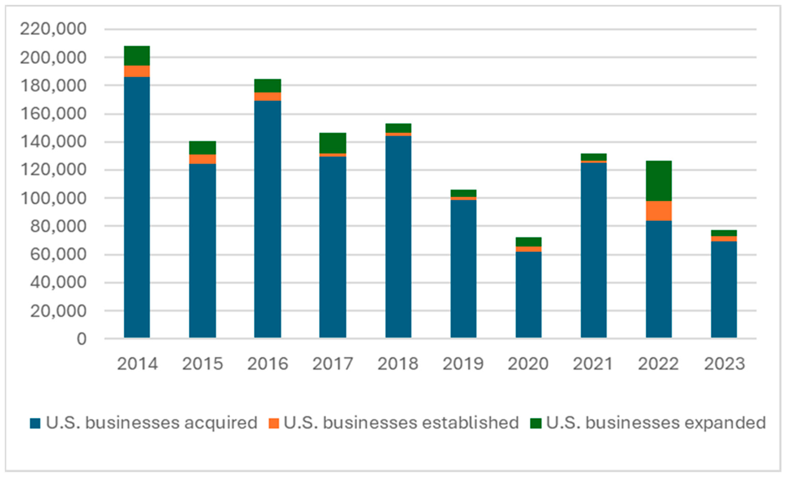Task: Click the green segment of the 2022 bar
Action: pos(659,181)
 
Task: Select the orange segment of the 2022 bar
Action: pos(659,211)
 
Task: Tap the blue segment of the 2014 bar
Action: pos(137,207)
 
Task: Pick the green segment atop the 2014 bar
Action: pos(137,56)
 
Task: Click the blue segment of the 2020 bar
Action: pos(528,295)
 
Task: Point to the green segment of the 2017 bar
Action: pos(333,143)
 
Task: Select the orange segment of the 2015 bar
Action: pos(203,159)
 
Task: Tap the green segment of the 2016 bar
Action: pos(268,86)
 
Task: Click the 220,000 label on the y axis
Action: pos(53,29)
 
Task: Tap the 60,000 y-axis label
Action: pos(58,254)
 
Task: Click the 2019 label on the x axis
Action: pos(463,364)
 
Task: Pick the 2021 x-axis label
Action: pos(593,364)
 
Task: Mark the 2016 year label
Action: pos(268,364)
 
